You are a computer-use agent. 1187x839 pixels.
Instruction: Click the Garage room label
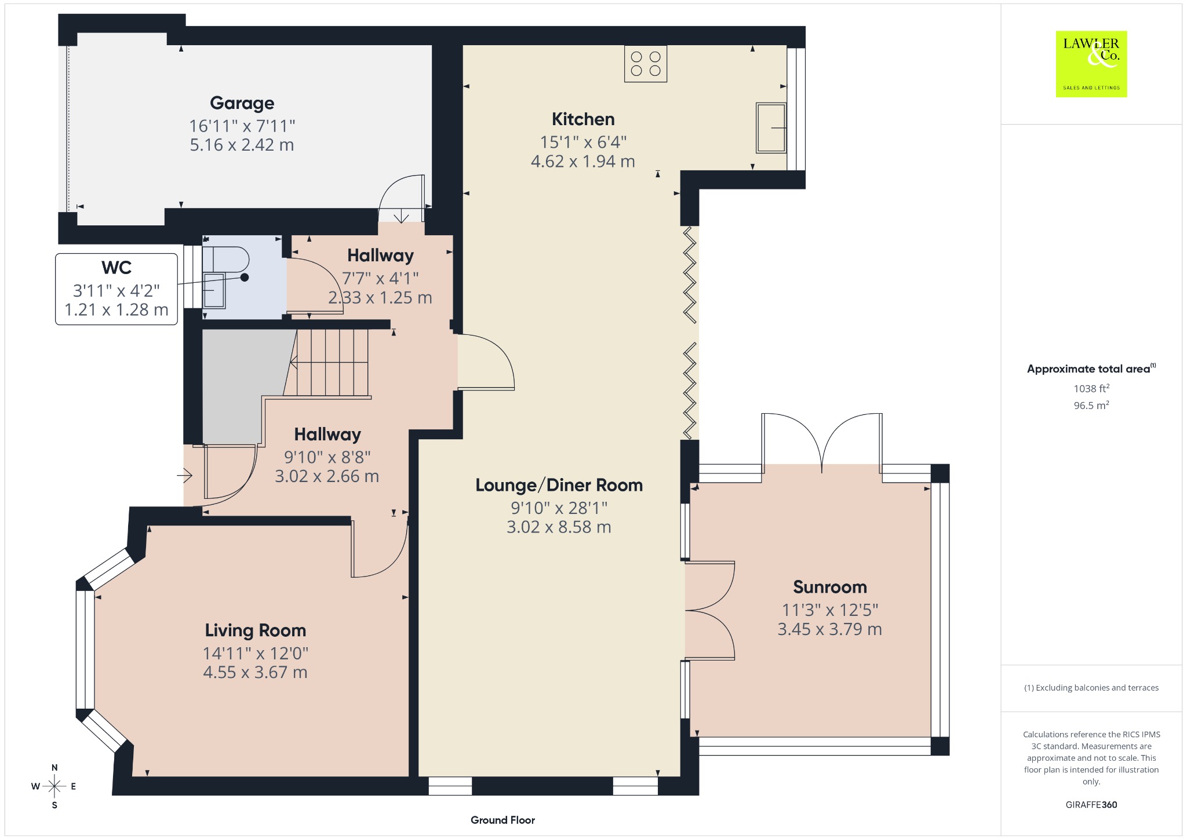242,103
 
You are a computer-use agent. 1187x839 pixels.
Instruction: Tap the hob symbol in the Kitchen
646,64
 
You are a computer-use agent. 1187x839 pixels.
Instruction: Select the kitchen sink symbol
771,128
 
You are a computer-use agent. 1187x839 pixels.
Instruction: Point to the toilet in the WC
225,259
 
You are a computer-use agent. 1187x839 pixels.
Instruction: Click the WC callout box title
116,268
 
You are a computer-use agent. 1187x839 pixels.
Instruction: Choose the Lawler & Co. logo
1091,64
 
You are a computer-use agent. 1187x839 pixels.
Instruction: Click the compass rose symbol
54,786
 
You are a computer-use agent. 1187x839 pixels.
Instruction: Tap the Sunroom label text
830,587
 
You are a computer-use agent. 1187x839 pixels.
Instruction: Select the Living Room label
256,630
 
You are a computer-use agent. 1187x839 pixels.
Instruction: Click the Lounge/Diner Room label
559,485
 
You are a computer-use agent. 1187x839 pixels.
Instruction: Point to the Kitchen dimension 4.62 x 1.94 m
583,161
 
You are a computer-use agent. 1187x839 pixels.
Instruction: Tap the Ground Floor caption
503,820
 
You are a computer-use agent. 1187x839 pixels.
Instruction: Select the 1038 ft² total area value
1091,388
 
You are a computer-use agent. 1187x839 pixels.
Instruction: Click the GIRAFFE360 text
1091,805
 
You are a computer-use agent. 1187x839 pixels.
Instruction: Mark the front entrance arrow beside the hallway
185,476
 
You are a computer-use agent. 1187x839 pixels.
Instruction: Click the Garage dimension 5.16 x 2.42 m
242,145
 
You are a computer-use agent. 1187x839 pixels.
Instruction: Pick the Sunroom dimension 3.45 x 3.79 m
830,629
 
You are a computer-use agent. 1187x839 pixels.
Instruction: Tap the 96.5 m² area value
1091,405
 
